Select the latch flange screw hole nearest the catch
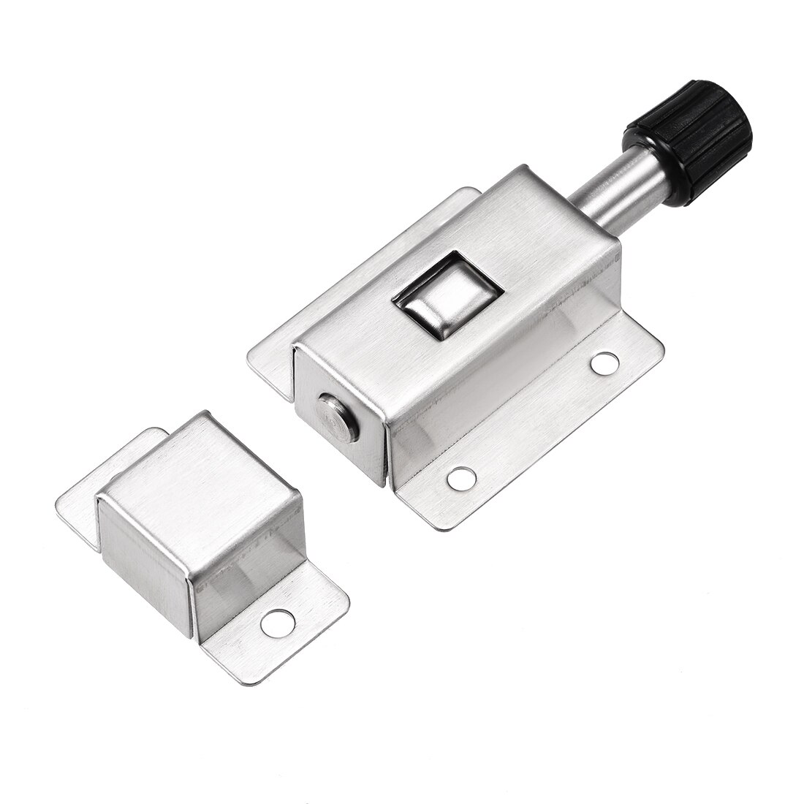click(x=459, y=478)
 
